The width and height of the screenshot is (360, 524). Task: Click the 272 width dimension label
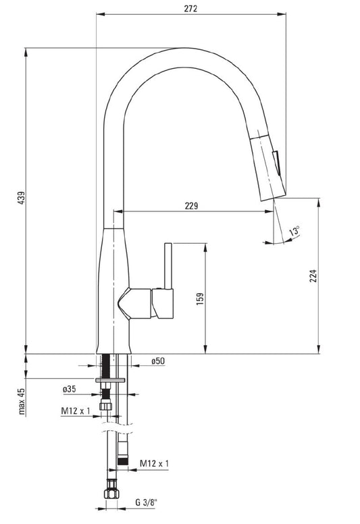[x=190, y=8]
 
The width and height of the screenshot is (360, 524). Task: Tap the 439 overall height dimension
[x=21, y=198]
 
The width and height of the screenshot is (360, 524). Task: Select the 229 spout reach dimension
[x=192, y=206]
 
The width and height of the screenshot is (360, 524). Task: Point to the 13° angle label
[x=294, y=231]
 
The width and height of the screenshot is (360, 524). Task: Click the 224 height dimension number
[x=313, y=276]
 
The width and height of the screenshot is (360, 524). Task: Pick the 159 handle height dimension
[x=200, y=298]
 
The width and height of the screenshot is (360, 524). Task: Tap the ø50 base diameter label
[x=158, y=361]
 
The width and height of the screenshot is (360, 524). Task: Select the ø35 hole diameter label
[x=69, y=389]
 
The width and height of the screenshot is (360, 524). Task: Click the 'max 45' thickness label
[x=22, y=401]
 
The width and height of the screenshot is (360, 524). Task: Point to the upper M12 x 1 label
[x=76, y=411]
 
